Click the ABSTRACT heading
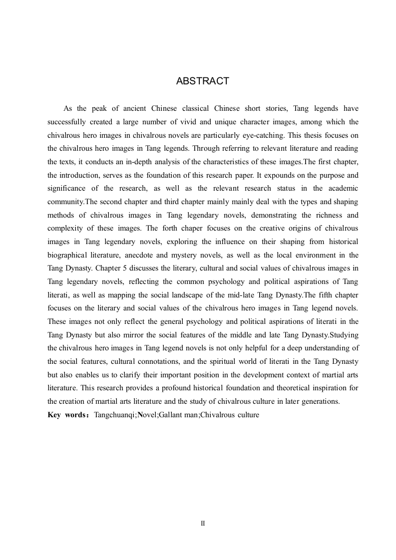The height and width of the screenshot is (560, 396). coord(202,81)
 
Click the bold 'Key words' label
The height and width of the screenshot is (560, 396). coord(67,415)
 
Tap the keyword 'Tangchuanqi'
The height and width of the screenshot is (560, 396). coord(114,415)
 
